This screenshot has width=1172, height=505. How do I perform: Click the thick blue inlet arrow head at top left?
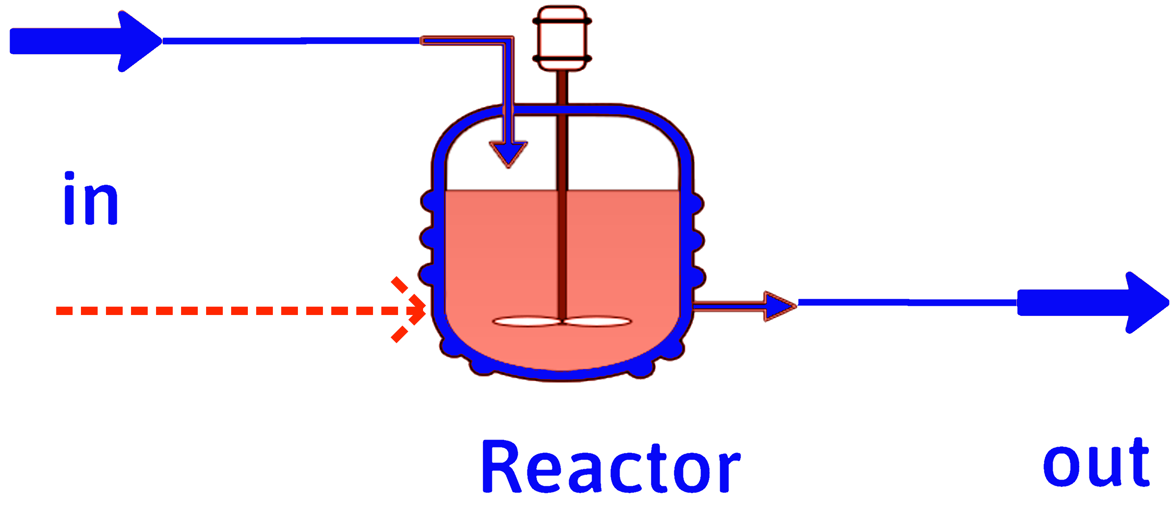(x=136, y=41)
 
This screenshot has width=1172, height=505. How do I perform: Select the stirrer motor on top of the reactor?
(x=562, y=38)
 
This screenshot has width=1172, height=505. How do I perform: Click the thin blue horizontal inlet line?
(x=291, y=41)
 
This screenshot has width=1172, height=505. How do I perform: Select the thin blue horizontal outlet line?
(x=905, y=302)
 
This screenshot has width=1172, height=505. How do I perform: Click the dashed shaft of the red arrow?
(x=227, y=311)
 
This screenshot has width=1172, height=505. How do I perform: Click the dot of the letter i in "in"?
(x=69, y=176)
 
